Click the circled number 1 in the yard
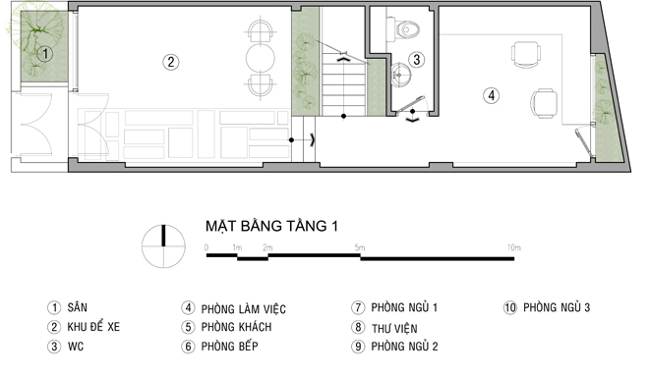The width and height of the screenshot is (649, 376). pyautogui.click(x=44, y=53)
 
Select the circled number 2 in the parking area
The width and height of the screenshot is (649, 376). pyautogui.click(x=170, y=62)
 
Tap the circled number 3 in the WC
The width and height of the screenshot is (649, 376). pyautogui.click(x=416, y=60)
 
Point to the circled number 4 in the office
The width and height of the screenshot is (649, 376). pyautogui.click(x=492, y=95)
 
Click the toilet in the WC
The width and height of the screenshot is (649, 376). pyautogui.click(x=406, y=28)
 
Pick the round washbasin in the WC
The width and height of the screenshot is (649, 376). pyautogui.click(x=400, y=75)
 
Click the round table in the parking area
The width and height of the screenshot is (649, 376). pyautogui.click(x=261, y=58)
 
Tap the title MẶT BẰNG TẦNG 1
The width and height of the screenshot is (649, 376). pyautogui.click(x=271, y=226)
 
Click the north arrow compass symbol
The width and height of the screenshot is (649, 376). pyautogui.click(x=163, y=245)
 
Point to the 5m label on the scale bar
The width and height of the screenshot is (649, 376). pyautogui.click(x=360, y=247)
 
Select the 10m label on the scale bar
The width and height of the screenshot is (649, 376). pyautogui.click(x=514, y=247)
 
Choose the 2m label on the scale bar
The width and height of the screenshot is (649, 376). pyautogui.click(x=267, y=247)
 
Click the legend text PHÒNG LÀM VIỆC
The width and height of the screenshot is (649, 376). pyautogui.click(x=244, y=308)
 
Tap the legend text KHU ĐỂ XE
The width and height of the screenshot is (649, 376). pyautogui.click(x=93, y=327)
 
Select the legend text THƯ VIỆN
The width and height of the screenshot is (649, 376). pyautogui.click(x=394, y=329)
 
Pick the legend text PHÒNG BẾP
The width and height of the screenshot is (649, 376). pyautogui.click(x=229, y=346)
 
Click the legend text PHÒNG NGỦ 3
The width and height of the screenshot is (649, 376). pyautogui.click(x=557, y=307)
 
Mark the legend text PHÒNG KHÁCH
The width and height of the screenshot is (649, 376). pyautogui.click(x=236, y=327)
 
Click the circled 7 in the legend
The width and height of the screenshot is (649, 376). pyautogui.click(x=358, y=307)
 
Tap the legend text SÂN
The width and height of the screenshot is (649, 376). pyautogui.click(x=78, y=307)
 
